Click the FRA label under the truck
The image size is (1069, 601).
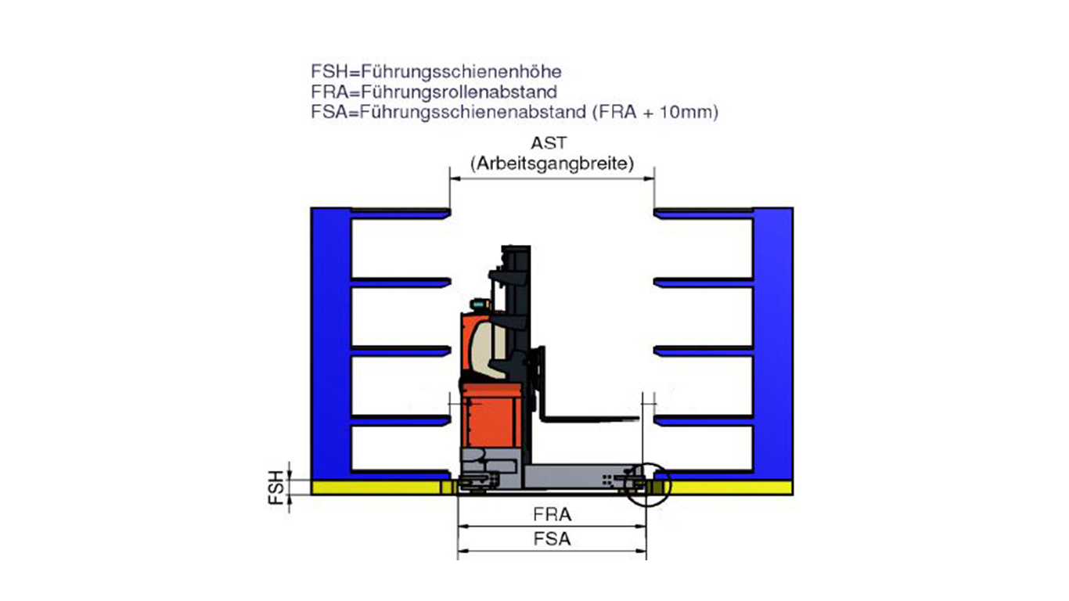click(x=552, y=515)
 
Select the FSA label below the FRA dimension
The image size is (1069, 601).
click(x=552, y=539)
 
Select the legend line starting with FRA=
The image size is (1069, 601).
click(x=434, y=92)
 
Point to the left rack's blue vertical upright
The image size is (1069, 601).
click(x=330, y=344)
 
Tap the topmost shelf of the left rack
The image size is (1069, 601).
click(x=399, y=213)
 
